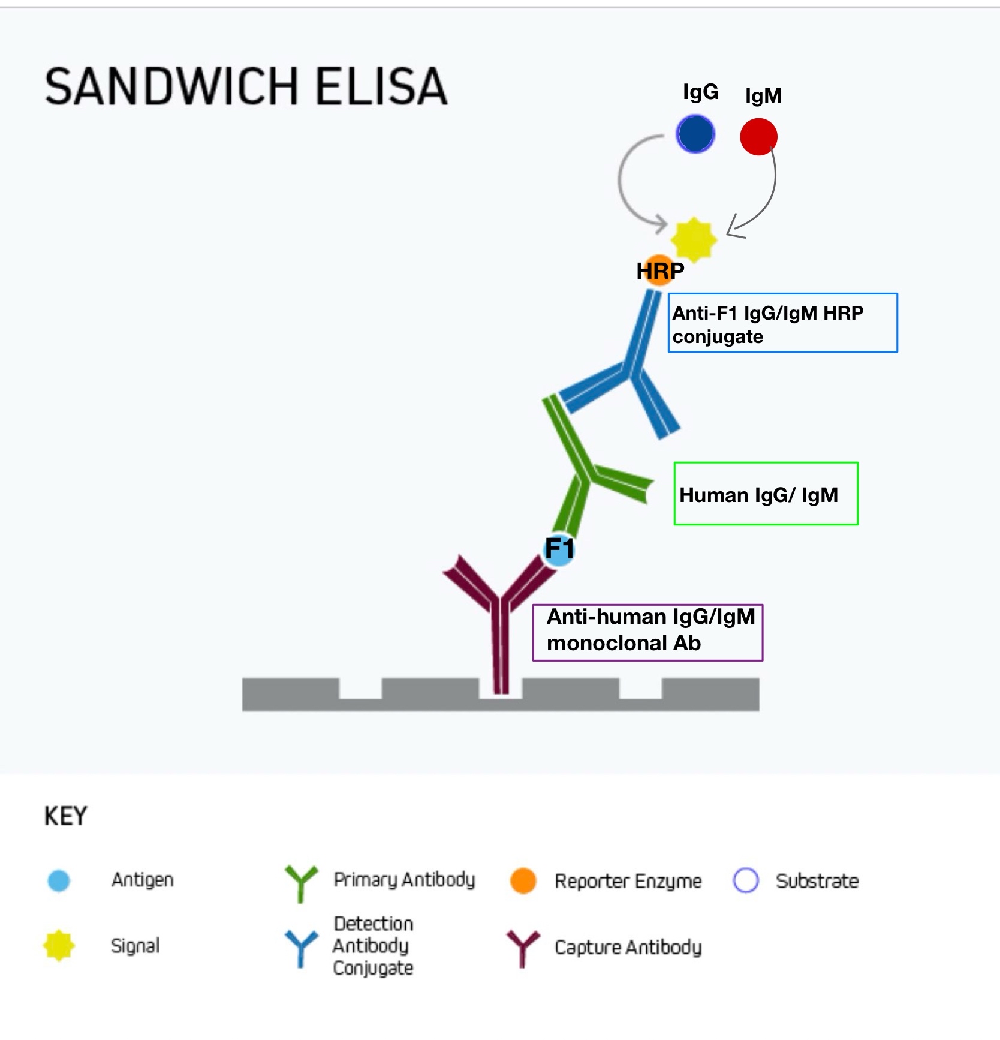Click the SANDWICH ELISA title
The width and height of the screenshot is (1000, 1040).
[x=246, y=86]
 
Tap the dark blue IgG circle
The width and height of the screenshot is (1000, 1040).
[x=695, y=134]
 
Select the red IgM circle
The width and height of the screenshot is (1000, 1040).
[x=758, y=137]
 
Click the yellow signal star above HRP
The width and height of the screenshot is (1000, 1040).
[x=694, y=239]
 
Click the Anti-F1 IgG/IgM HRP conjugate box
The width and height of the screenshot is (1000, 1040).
[x=782, y=323]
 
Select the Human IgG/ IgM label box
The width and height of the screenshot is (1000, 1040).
[x=766, y=494]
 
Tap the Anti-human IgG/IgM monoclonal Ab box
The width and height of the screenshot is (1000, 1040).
[x=647, y=632]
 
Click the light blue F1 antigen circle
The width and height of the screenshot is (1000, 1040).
[x=559, y=549]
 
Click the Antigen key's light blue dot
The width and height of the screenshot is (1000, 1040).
[x=59, y=880]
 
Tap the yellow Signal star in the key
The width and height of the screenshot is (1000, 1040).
[x=59, y=946]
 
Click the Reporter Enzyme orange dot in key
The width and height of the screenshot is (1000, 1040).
[x=523, y=880]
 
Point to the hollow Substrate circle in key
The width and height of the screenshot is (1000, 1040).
[x=746, y=880]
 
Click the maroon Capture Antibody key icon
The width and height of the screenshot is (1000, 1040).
[x=523, y=948]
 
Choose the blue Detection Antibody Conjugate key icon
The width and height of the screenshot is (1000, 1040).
[x=300, y=948]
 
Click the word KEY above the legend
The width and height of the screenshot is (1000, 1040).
[x=66, y=816]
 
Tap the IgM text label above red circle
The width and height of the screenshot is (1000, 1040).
[x=763, y=96]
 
